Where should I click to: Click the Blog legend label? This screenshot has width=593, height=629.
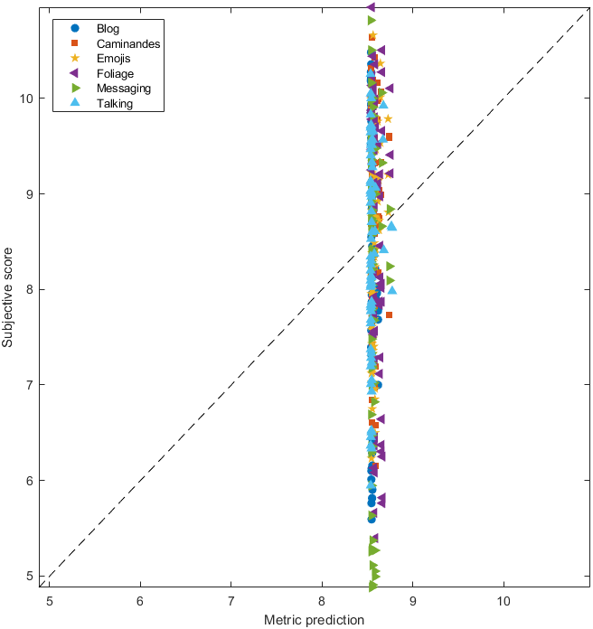pyautogui.click(x=108, y=28)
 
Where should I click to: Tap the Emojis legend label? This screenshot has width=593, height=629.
pyautogui.click(x=114, y=59)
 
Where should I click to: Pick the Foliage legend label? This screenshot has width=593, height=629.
pyautogui.click(x=116, y=73)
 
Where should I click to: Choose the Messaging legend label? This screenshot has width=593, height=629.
pyautogui.click(x=124, y=89)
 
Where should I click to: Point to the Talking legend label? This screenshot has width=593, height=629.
pyautogui.click(x=115, y=103)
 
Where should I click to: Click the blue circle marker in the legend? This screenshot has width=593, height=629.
pyautogui.click(x=75, y=28)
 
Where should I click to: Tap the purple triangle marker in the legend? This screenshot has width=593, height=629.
pyautogui.click(x=75, y=73)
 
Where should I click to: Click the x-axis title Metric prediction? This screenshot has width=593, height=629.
pyautogui.click(x=314, y=620)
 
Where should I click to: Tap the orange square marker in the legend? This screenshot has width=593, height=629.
pyautogui.click(x=75, y=43)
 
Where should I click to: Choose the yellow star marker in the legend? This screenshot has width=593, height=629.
pyautogui.click(x=75, y=59)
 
